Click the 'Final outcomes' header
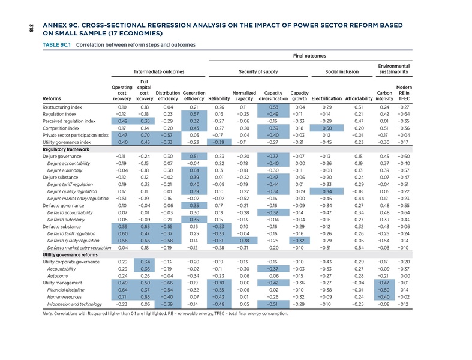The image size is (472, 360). [x=309, y=56]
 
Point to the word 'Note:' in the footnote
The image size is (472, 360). [x=48, y=314]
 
